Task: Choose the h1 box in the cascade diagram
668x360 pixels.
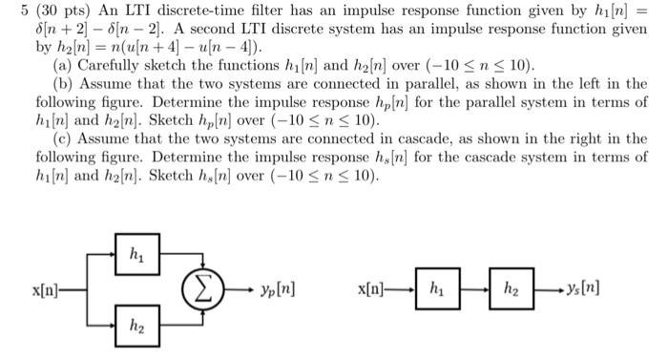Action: tap(435, 286)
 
